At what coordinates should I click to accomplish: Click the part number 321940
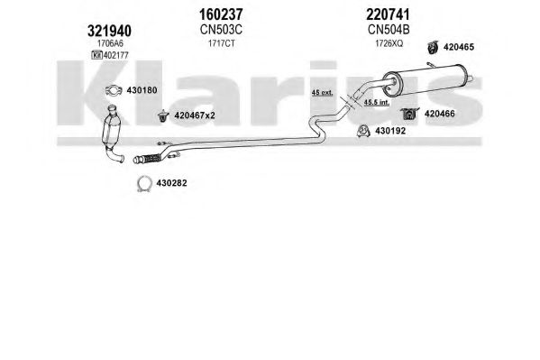pyautogui.click(x=109, y=31)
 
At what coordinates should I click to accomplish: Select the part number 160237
pyautogui.click(x=221, y=14)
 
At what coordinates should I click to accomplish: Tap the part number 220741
pyautogui.click(x=389, y=14)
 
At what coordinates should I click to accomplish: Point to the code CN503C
pyautogui.click(x=221, y=30)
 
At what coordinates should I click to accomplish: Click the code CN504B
pyautogui.click(x=389, y=30)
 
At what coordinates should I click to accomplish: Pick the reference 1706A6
pyautogui.click(x=110, y=43)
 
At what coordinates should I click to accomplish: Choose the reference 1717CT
pyautogui.click(x=222, y=43)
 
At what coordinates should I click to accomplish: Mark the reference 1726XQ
pyautogui.click(x=389, y=43)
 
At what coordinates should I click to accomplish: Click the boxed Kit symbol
pyautogui.click(x=96, y=55)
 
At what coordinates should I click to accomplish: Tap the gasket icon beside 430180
pyautogui.click(x=114, y=90)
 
